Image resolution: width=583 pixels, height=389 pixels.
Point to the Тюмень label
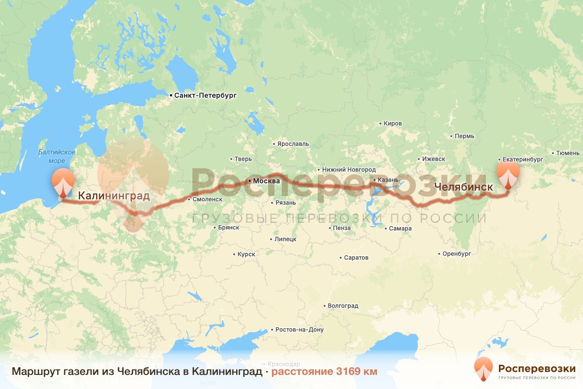[x=567, y=153]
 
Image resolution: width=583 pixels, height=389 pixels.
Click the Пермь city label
[x=464, y=136]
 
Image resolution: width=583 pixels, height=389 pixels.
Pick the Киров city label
[x=393, y=124]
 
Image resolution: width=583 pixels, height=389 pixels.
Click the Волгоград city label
[x=343, y=306]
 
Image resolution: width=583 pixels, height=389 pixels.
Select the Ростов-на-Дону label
[x=299, y=329]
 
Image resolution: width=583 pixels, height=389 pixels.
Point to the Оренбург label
[x=457, y=253]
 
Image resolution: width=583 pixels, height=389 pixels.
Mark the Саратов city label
[x=356, y=257]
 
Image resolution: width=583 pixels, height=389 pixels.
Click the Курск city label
[x=246, y=254]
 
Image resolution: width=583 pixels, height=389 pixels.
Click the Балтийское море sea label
[x=56, y=156]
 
